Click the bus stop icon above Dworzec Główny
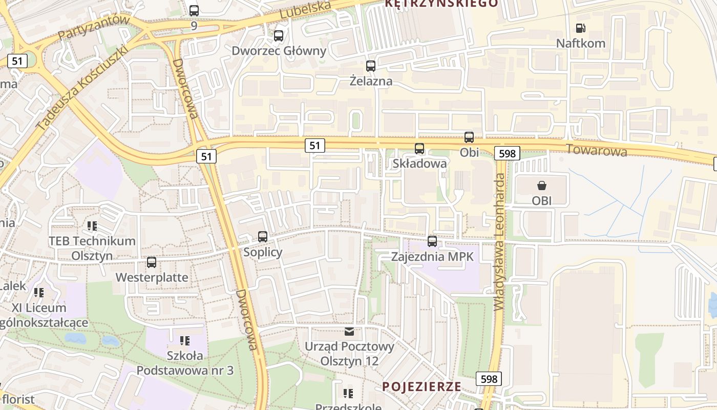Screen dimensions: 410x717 279,36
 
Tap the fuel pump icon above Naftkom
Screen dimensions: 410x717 580,28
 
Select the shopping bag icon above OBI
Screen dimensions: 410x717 541,186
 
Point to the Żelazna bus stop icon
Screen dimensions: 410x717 371,66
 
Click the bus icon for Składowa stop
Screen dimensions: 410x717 419,149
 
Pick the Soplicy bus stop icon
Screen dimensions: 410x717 263,237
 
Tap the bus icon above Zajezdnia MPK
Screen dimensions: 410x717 432,241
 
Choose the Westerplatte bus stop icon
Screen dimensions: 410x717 152,262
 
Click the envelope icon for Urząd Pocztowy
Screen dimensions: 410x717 349,332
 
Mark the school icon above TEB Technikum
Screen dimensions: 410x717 92,225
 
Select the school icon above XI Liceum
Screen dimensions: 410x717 39,293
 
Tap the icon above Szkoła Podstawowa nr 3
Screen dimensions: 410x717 185,340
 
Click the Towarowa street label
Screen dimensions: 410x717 597,151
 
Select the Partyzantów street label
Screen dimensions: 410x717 94,27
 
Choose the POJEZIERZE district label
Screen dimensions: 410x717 421,386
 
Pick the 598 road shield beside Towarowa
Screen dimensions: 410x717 507,153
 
